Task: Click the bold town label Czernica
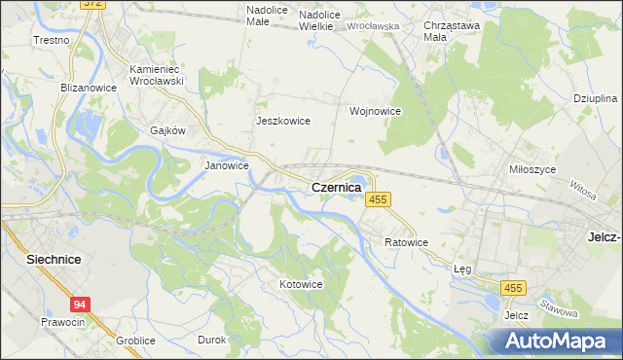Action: pyautogui.click(x=336, y=186)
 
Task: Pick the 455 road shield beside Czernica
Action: pyautogui.click(x=378, y=198)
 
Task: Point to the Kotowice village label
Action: pyautogui.click(x=301, y=284)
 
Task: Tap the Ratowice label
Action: pyautogui.click(x=406, y=241)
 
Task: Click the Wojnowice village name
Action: pyautogui.click(x=376, y=111)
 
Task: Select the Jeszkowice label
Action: pyautogui.click(x=282, y=121)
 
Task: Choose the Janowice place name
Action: pyautogui.click(x=226, y=165)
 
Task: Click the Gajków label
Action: pyautogui.click(x=167, y=129)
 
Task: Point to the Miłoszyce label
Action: pyautogui.click(x=532, y=168)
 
